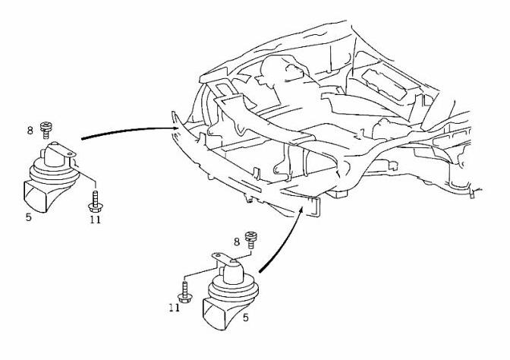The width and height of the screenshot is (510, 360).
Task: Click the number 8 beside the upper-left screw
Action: pos(30,131)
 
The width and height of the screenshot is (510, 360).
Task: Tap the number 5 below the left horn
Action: pos(29,217)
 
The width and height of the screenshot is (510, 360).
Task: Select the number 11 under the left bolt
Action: pos(96,219)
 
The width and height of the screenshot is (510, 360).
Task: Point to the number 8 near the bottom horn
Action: pos(237,242)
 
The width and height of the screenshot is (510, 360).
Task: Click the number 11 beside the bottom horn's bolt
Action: pos(175,308)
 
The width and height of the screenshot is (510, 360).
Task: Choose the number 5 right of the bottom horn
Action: pos(246,317)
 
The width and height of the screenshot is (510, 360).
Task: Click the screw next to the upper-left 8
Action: pos(46,131)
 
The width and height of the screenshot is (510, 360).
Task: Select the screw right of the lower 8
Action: pos(251,240)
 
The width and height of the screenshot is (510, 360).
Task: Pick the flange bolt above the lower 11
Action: pos(184,292)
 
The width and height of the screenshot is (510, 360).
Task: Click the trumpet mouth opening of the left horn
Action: pos(35,197)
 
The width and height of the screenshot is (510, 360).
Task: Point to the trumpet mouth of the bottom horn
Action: pos(215,314)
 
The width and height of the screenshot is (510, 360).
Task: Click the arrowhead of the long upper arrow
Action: pos(176,128)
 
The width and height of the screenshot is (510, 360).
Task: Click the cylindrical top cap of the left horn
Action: pos(54,156)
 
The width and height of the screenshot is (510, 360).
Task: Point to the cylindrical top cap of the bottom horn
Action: pos(234,271)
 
